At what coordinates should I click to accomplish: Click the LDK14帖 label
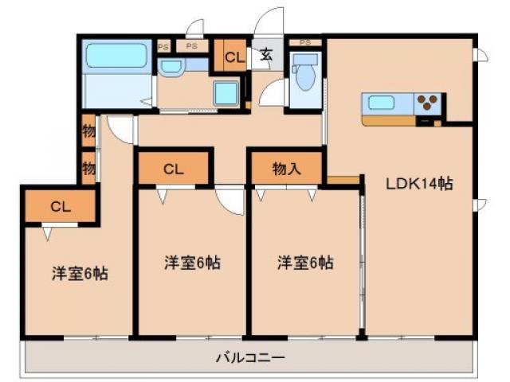(420, 184)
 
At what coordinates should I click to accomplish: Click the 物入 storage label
(287, 169)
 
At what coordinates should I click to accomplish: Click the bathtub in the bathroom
(117, 56)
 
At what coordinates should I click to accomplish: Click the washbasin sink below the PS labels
(171, 66)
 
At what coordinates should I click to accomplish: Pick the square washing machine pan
(226, 94)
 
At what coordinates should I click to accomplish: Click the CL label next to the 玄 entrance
(233, 57)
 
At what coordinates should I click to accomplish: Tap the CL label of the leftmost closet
(61, 206)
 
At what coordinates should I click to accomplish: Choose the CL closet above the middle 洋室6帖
(174, 169)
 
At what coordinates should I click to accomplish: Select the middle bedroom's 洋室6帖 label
(193, 262)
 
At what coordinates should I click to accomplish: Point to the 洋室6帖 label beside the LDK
(305, 262)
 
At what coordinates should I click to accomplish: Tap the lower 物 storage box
(88, 168)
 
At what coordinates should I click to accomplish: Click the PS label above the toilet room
(304, 41)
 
